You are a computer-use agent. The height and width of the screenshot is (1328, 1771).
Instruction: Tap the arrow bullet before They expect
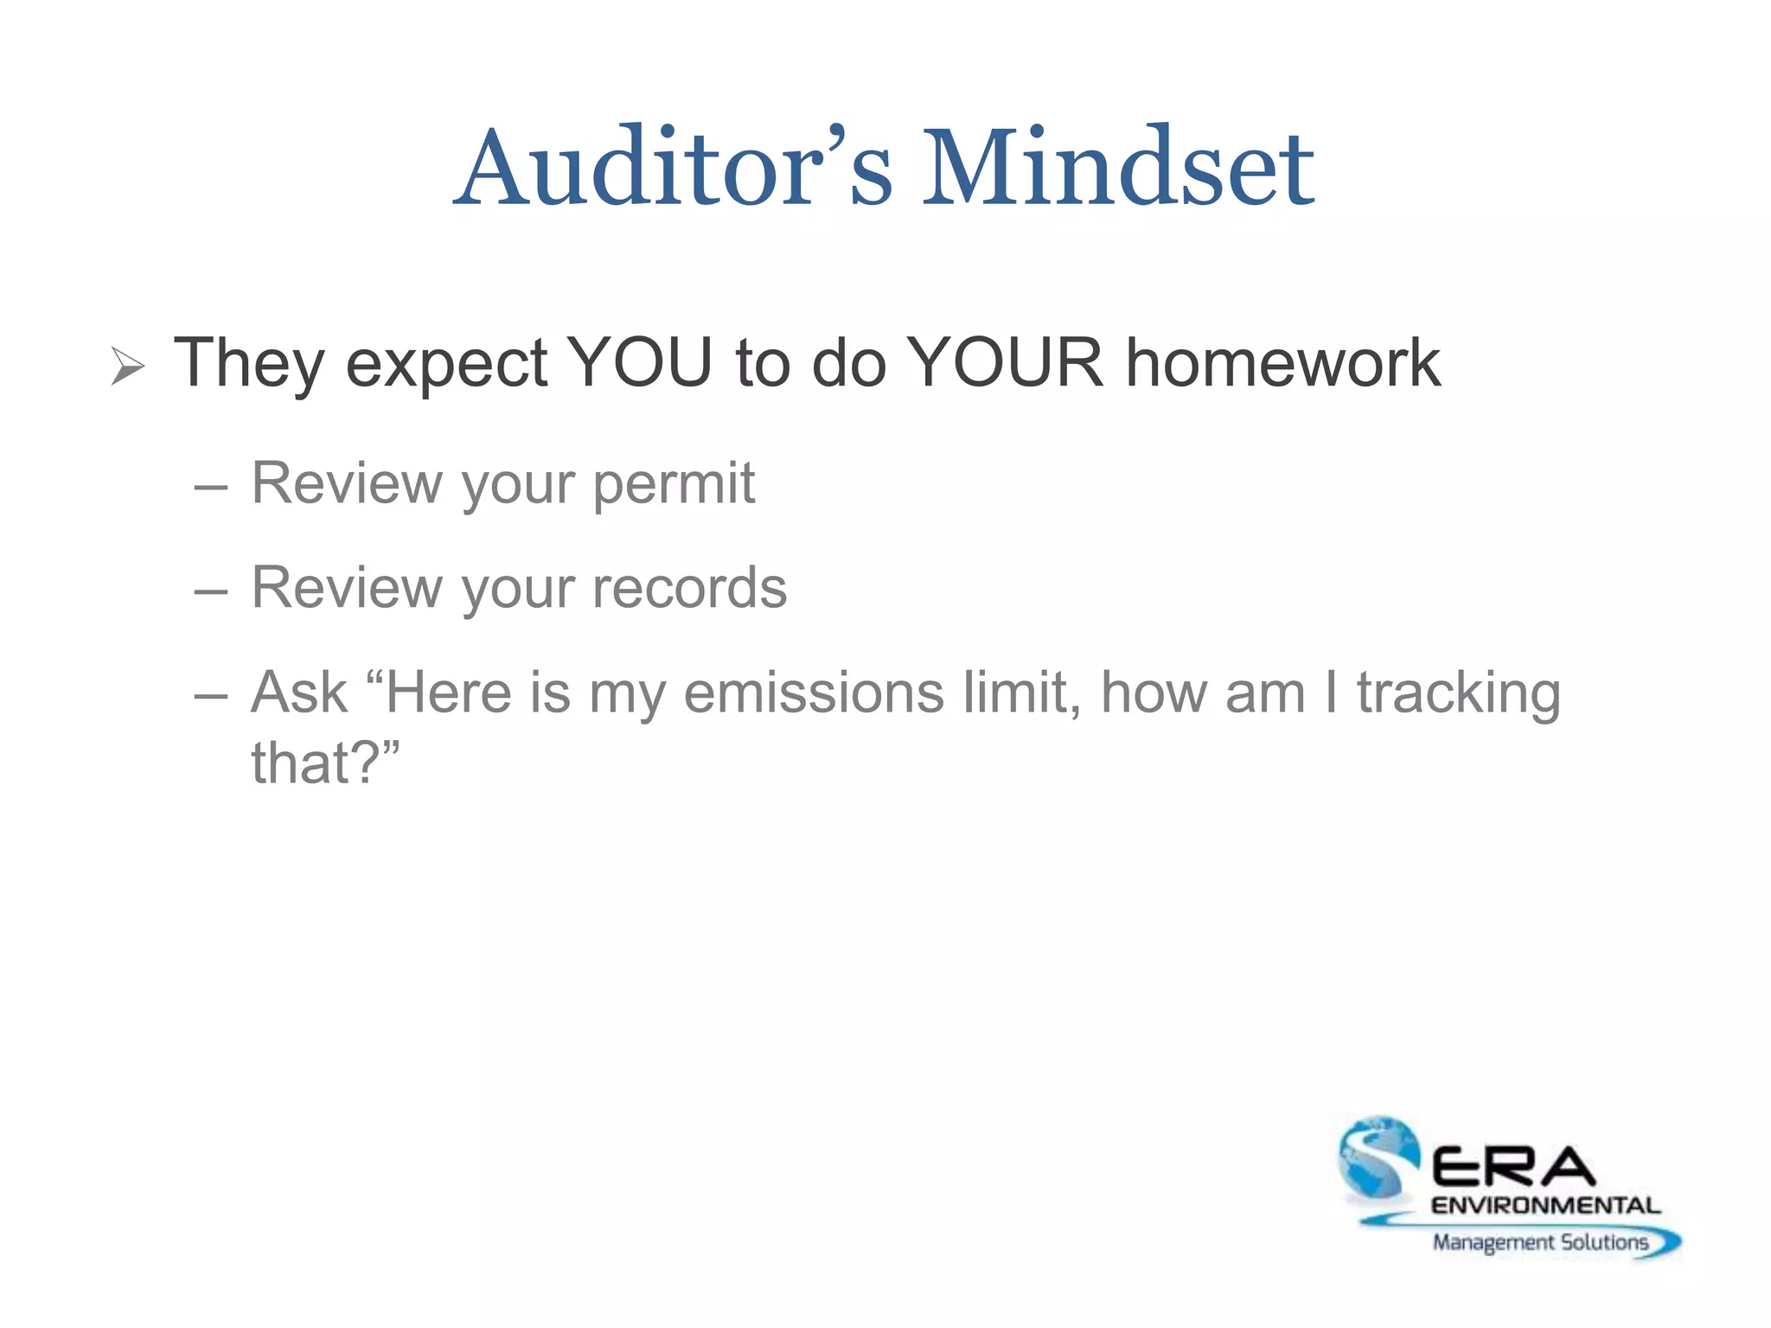[x=128, y=367]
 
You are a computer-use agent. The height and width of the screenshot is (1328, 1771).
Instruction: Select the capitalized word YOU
[x=639, y=363]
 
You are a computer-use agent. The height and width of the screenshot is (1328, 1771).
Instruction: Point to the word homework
[x=1282, y=363]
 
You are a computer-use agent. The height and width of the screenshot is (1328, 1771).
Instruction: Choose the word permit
[x=674, y=484]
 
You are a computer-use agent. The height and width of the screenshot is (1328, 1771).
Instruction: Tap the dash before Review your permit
[x=211, y=488]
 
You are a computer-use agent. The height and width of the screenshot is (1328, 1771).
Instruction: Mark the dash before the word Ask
[x=211, y=696]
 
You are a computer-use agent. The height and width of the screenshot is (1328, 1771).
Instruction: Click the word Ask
[x=299, y=693]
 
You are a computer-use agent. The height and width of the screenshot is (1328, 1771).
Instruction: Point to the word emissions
[x=813, y=693]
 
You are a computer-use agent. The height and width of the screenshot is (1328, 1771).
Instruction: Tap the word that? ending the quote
[x=325, y=763]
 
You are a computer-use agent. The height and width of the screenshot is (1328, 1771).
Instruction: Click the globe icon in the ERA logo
[x=1378, y=1157]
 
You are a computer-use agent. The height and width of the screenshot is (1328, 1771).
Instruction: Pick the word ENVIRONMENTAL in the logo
[x=1545, y=1205]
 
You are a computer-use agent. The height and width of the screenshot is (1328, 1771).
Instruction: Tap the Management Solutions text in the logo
[x=1540, y=1242]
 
